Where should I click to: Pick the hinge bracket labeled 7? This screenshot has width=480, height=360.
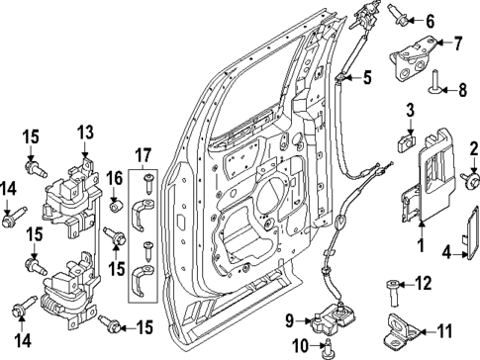(x=411, y=56)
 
